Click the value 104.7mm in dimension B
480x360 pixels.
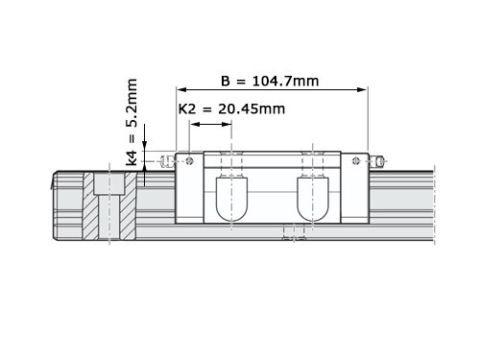click(285, 82)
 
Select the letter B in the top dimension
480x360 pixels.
click(226, 82)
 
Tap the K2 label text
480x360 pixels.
click(187, 109)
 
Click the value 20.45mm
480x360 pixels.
click(252, 109)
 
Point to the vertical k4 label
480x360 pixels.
click(132, 157)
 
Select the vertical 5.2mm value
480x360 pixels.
click(132, 103)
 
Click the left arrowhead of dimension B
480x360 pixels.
click(181, 89)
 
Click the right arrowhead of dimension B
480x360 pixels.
click(362, 89)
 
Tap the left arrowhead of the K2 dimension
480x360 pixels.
click(195, 124)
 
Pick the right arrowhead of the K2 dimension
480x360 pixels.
click(227, 124)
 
